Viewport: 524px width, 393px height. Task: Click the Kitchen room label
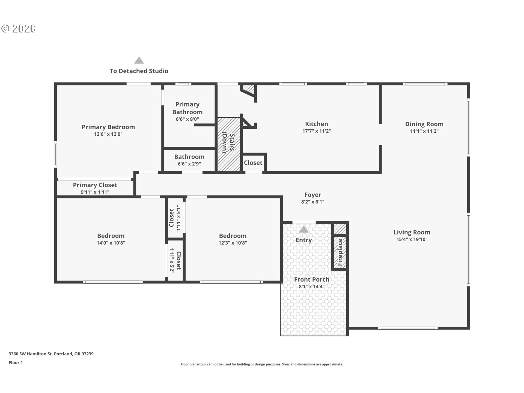[x=316, y=124]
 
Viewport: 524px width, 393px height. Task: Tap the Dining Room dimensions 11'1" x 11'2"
[x=424, y=131]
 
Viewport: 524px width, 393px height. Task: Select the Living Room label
[x=412, y=232]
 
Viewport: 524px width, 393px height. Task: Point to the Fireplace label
[x=340, y=252]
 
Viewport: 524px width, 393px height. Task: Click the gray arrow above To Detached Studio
[x=139, y=60]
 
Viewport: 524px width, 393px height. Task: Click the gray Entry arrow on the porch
[x=303, y=229]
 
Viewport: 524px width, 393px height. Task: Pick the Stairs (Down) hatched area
[x=229, y=144]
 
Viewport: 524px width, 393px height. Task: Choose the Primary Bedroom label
[x=108, y=127]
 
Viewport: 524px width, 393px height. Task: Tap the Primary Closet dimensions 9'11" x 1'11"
[x=95, y=192]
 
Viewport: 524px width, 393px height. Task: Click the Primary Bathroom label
[x=187, y=108]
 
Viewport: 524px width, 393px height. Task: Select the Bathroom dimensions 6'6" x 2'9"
[x=189, y=164]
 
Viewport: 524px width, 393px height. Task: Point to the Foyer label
[x=313, y=195]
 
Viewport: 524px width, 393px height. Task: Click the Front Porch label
[x=312, y=279]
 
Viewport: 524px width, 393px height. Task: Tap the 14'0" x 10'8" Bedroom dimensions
[x=111, y=243]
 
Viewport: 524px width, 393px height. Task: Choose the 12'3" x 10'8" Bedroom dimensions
[x=233, y=243]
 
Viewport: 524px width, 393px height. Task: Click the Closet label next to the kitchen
[x=253, y=163]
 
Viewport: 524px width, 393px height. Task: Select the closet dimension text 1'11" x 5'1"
[x=178, y=218]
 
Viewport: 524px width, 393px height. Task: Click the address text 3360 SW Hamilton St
[x=30, y=354]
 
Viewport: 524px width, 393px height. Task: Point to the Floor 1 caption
[x=16, y=362]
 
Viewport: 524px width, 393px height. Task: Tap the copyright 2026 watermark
[x=18, y=28]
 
